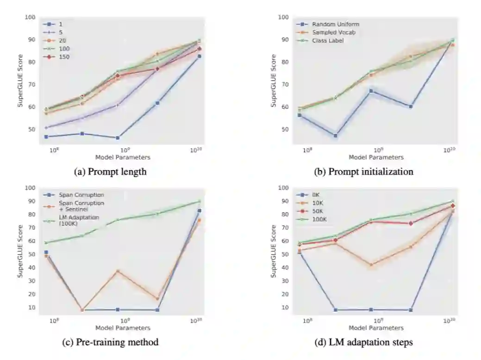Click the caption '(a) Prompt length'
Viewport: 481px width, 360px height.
click(110, 172)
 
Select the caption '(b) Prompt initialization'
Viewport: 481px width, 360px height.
click(363, 172)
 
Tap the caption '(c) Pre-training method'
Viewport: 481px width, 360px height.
click(110, 342)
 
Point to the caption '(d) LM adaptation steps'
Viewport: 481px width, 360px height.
click(363, 342)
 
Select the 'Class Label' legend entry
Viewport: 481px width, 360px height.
click(327, 41)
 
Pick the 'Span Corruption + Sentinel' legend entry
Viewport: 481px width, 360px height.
click(81, 206)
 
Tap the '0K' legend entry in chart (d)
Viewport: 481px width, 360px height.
click(315, 195)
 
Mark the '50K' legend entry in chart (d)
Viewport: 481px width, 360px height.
click(318, 211)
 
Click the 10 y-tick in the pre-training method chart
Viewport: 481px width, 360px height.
click(32, 307)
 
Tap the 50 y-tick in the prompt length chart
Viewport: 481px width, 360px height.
click(31, 129)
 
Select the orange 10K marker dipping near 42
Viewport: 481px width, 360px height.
click(371, 265)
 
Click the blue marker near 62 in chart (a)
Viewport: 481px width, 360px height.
click(157, 103)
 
